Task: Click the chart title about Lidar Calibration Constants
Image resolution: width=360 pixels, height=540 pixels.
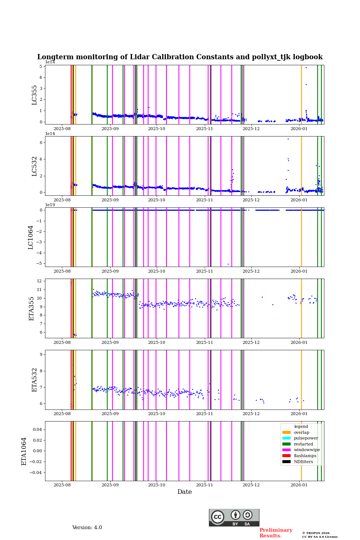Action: [180, 57]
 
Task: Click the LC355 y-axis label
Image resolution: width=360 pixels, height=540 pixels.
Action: [34, 95]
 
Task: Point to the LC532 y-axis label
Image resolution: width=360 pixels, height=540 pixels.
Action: [34, 166]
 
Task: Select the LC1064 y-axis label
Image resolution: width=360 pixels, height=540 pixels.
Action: [31, 237]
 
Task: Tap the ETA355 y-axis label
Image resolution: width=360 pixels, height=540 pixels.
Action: [31, 309]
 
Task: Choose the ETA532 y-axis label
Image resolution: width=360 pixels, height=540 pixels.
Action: [34, 380]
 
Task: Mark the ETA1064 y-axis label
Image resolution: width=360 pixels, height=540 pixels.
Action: [24, 451]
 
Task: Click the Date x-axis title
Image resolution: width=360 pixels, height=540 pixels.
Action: [184, 492]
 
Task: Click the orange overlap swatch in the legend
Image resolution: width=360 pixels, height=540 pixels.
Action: [286, 432]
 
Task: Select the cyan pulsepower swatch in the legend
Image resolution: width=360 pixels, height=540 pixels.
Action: [286, 438]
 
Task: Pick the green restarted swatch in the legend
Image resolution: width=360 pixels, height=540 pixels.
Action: [286, 444]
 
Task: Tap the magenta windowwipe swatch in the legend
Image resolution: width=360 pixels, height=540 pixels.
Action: [286, 450]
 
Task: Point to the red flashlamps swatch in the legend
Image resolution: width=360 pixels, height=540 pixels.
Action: [286, 456]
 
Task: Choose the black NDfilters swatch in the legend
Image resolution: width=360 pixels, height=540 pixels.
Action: [286, 462]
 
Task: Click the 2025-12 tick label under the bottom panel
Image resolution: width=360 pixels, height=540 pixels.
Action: [251, 485]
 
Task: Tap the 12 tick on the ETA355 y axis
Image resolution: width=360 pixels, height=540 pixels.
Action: [39, 281]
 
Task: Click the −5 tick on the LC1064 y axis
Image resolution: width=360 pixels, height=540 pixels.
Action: [39, 263]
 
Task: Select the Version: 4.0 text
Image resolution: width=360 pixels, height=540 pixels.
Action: [87, 528]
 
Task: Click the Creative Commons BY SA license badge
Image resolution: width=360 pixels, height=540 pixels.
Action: [234, 517]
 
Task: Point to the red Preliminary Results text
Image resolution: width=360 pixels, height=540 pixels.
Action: [276, 533]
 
